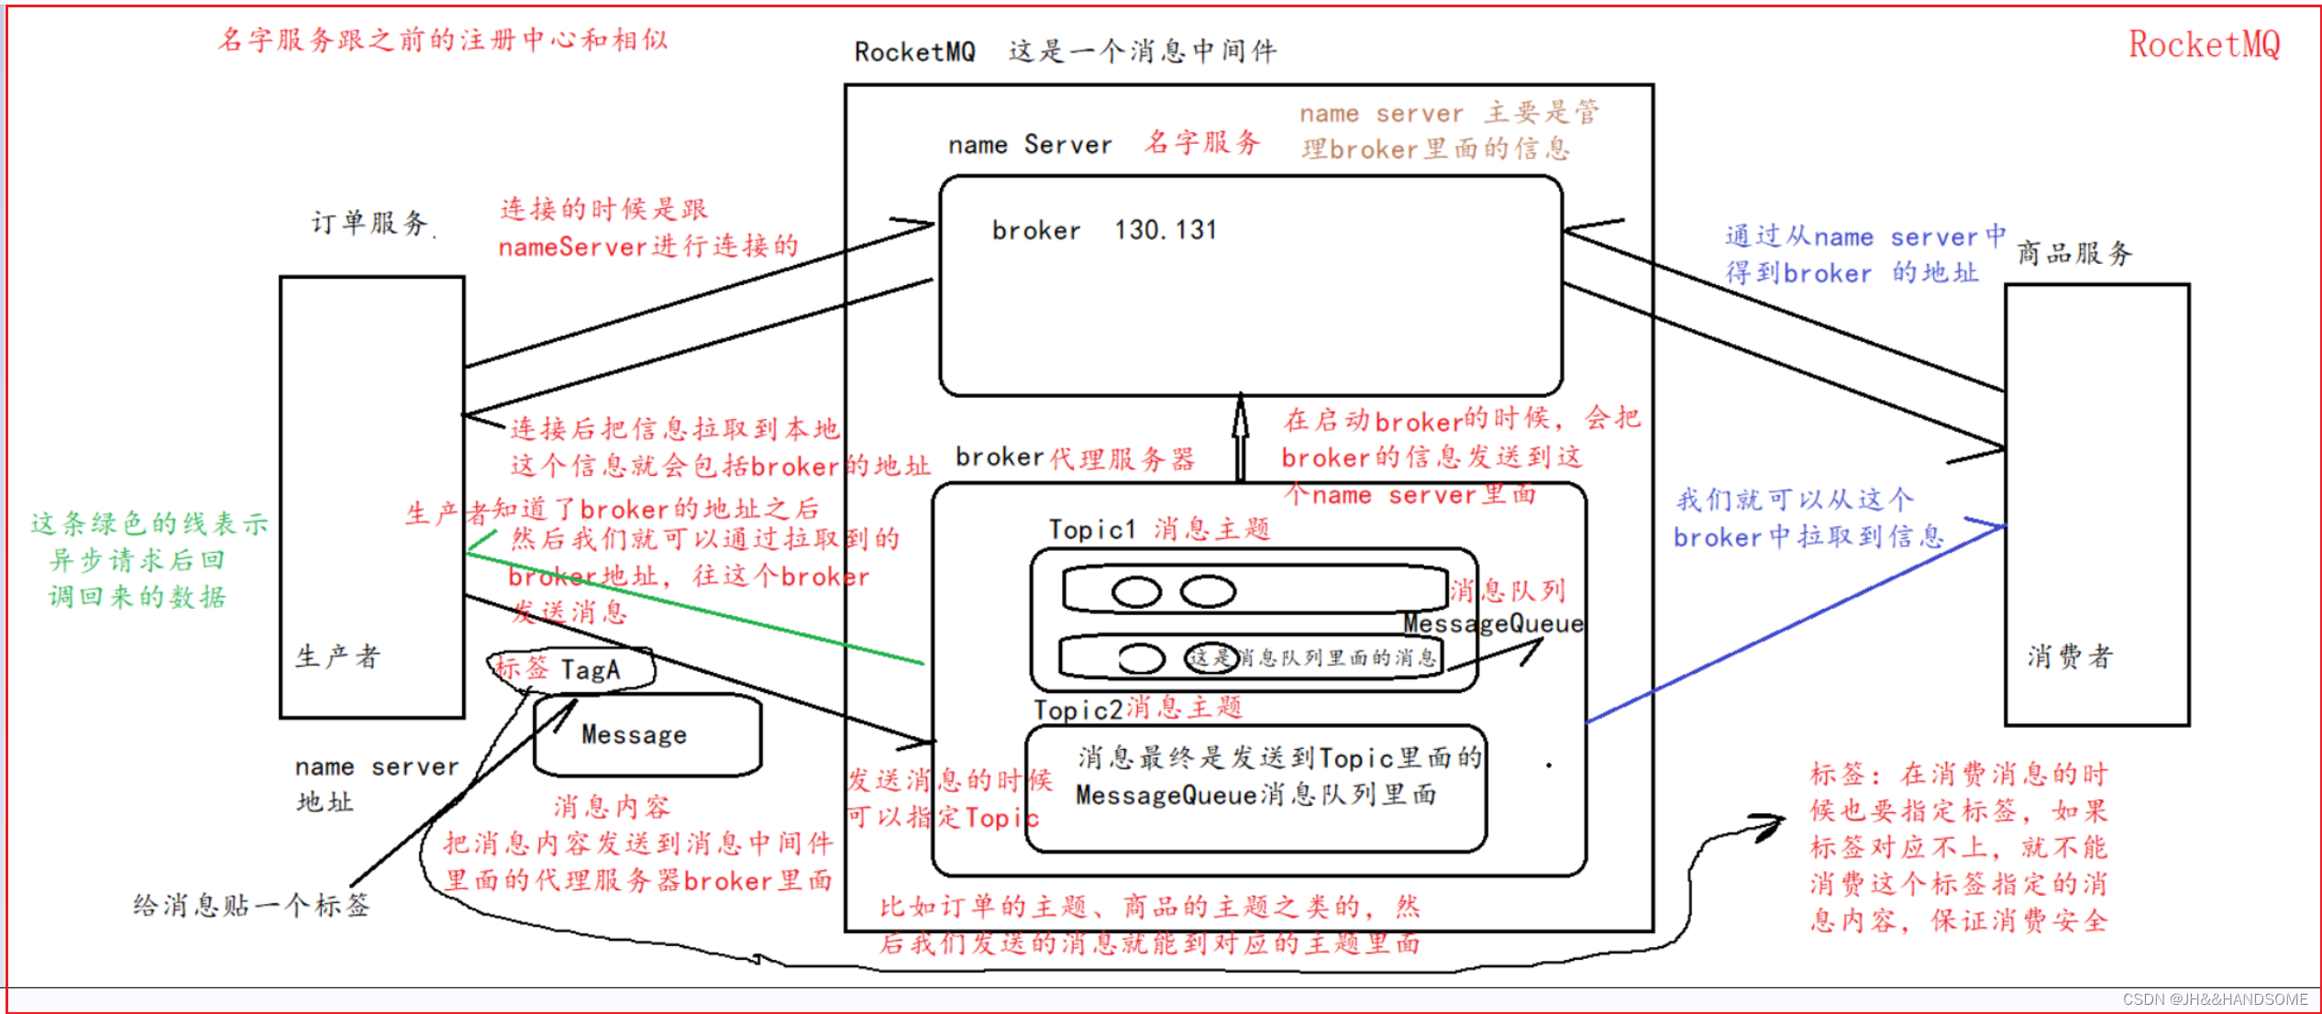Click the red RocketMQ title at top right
click(2204, 44)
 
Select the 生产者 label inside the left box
click(337, 656)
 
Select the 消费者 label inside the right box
click(2069, 656)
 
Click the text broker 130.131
click(1104, 230)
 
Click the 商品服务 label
click(2074, 253)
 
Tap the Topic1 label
click(1092, 529)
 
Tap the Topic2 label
click(1078, 710)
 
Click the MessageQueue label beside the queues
click(1493, 624)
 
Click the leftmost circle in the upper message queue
click(1136, 592)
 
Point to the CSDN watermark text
click(2215, 999)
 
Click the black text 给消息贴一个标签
click(251, 906)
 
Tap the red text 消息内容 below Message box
click(612, 807)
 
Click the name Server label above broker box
click(1030, 145)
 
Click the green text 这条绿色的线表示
click(149, 524)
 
